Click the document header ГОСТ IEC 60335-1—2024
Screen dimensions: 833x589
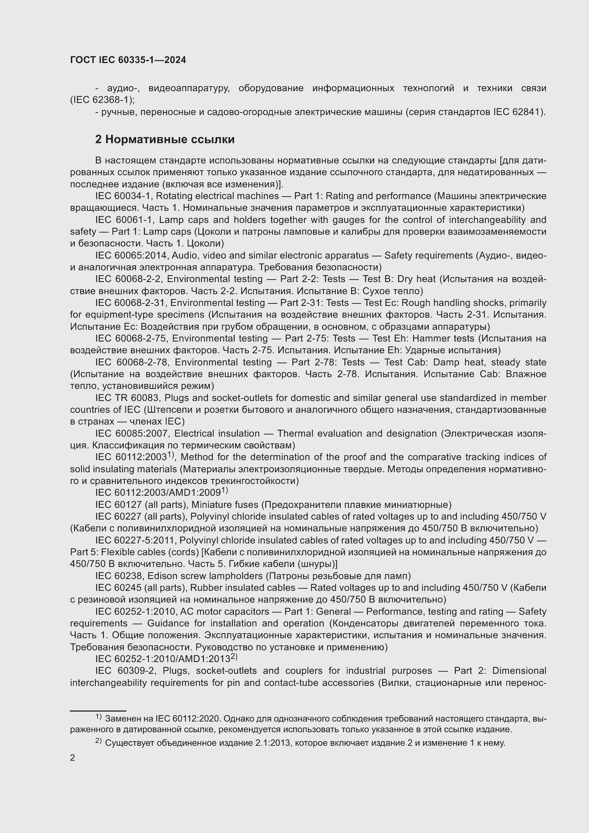128,60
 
